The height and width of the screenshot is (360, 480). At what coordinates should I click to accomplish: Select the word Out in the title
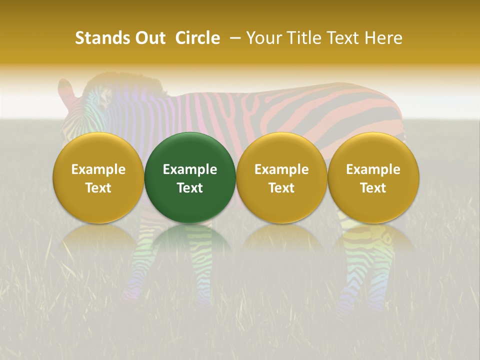coord(149,38)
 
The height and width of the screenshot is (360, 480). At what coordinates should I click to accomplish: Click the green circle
coord(190,177)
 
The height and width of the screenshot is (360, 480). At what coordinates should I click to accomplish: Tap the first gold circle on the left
coord(98,177)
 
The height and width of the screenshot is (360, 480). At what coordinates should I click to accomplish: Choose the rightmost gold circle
coord(373,177)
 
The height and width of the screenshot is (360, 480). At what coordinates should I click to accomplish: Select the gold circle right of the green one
coord(281,177)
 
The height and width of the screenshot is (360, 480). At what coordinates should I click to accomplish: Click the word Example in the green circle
coord(190,169)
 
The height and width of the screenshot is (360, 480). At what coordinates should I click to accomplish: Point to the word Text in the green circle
coord(190,188)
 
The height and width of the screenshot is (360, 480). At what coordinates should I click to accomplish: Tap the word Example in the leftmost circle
coord(98,169)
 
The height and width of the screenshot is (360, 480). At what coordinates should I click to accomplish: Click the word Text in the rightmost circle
coord(373,188)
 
